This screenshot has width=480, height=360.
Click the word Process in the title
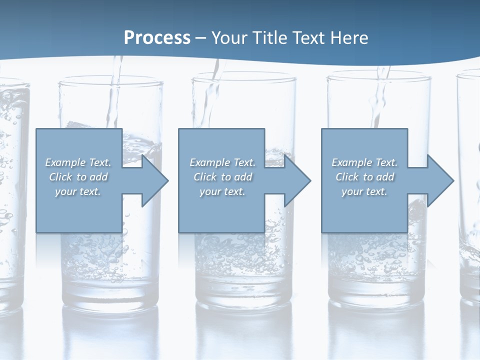click(157, 38)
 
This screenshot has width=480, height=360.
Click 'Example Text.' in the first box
click(78, 162)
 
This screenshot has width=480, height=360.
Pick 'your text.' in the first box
click(78, 191)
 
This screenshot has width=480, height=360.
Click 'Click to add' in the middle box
click(222, 177)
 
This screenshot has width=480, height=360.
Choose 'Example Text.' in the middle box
click(222, 162)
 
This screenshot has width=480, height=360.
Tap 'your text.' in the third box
click(364, 191)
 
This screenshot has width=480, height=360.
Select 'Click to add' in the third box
click(364, 177)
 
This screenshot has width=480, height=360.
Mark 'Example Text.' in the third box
click(364, 162)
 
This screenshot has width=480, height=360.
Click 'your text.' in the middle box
click(222, 191)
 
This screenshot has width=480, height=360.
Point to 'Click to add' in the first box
click(78, 177)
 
